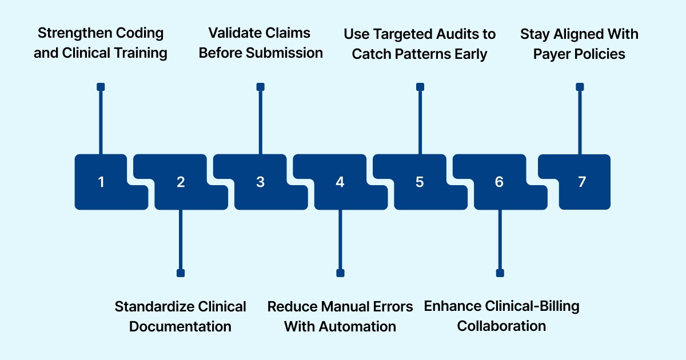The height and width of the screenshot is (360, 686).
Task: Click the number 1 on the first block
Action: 101,182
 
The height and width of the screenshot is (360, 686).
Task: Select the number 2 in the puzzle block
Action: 181,182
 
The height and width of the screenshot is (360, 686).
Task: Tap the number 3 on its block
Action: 261,182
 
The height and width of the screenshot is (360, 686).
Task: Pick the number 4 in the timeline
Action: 340,182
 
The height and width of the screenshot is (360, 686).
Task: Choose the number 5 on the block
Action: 420,182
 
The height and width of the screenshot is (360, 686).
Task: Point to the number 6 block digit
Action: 500,182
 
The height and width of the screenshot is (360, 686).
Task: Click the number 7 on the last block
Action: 581,182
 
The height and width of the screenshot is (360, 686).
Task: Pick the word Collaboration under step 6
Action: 501,326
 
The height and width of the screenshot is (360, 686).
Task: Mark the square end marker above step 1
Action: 101,87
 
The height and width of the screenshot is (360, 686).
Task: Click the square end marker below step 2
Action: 181,273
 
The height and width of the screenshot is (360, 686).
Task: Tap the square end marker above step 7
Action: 580,87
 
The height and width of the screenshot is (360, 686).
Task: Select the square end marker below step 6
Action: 500,273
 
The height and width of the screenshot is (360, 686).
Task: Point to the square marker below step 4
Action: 340,273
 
